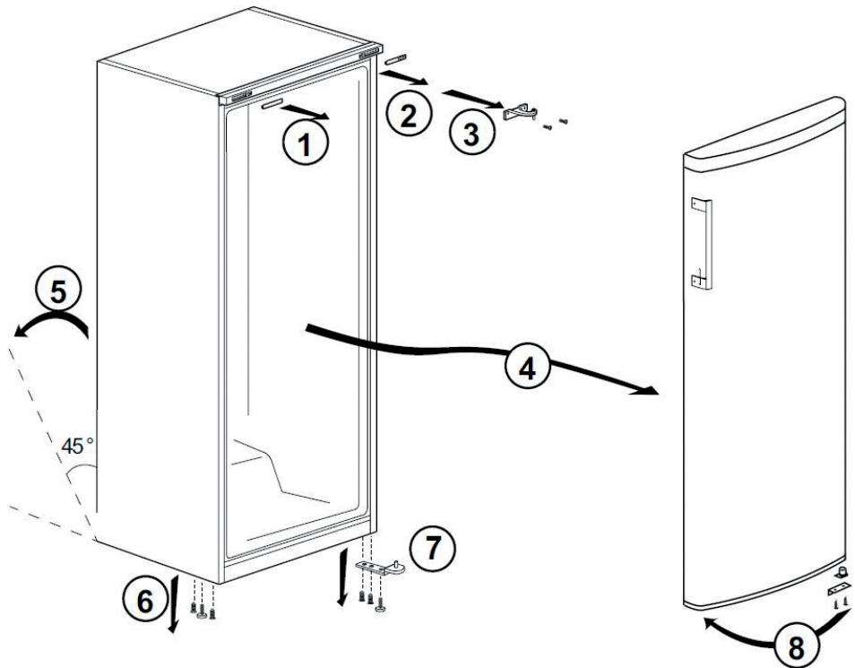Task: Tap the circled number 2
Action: [406, 117]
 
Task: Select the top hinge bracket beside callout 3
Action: [519, 114]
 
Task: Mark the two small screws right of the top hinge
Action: [555, 124]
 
